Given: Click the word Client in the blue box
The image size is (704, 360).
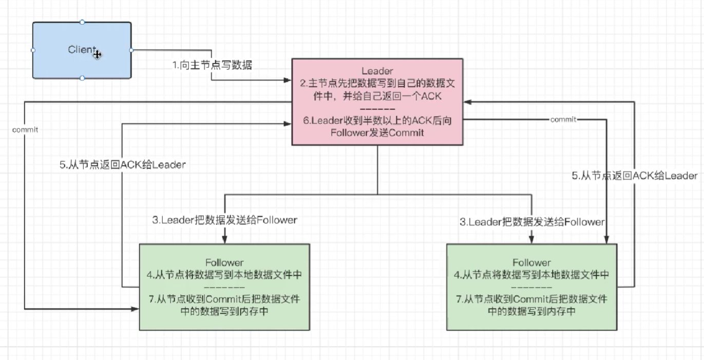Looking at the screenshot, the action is [x=82, y=49].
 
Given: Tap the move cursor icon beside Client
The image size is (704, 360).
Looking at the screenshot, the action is [x=98, y=55].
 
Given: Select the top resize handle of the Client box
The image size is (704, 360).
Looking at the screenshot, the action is [x=82, y=22].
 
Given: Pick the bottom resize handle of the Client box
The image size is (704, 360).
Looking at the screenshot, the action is [x=82, y=78].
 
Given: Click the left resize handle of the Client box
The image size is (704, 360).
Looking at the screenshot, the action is [x=33, y=50].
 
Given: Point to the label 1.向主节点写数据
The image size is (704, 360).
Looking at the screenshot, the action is [x=212, y=65].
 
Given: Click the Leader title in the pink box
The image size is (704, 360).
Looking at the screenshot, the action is [x=377, y=71].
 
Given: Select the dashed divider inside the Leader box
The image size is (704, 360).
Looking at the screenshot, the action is [x=377, y=109].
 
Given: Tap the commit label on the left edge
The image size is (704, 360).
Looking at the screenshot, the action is [x=25, y=129].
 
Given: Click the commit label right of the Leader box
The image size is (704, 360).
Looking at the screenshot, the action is [x=563, y=120].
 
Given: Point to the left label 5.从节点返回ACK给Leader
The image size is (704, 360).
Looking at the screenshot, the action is [x=123, y=164].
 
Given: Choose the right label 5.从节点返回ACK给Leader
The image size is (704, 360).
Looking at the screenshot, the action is [x=635, y=176].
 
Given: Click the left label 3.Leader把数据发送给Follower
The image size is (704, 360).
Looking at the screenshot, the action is [x=225, y=220].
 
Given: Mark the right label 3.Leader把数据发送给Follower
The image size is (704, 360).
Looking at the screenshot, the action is [x=532, y=222].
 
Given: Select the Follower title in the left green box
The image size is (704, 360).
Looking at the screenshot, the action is [x=224, y=262].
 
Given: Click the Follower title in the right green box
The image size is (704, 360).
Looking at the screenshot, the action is [x=531, y=262].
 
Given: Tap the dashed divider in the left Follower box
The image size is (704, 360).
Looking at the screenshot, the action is [x=224, y=287].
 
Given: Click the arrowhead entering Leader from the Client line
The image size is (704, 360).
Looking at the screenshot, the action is [x=287, y=80].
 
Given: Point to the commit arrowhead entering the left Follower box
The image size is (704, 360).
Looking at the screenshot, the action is [x=135, y=309].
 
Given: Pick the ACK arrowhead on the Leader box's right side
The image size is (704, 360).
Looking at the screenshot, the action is [x=468, y=102].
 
